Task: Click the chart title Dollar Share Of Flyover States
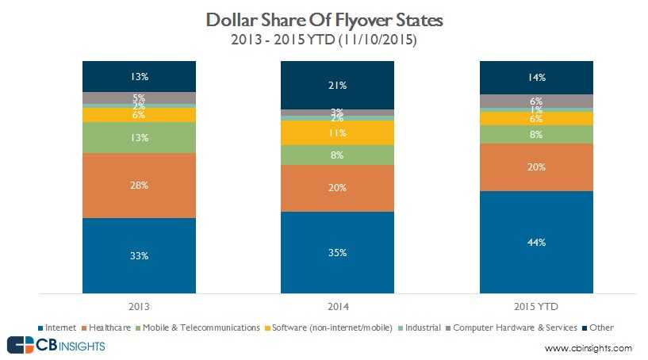[x=324, y=18]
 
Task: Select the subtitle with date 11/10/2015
[x=324, y=37]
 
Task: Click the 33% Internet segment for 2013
[x=140, y=255]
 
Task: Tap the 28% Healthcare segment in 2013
[x=140, y=185]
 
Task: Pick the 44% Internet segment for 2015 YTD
[x=536, y=242]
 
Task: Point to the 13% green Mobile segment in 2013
[x=140, y=137]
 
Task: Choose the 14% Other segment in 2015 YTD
[x=536, y=77]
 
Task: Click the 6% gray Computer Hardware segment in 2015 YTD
[x=536, y=101]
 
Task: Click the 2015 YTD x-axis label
[x=536, y=305]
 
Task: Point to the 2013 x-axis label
[x=140, y=305]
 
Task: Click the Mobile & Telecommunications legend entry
[x=200, y=327]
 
